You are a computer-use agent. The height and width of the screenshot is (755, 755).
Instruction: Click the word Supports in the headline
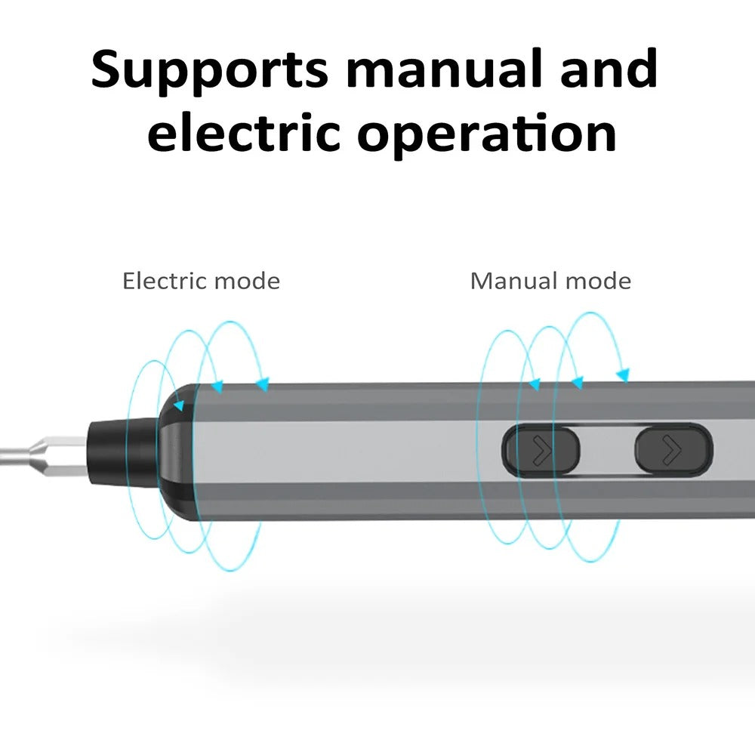coord(209,70)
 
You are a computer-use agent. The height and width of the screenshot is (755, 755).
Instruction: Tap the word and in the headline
coord(599,69)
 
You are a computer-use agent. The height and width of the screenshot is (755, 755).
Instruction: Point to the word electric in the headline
coord(244,134)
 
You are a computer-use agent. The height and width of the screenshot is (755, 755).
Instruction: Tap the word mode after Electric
coord(246,282)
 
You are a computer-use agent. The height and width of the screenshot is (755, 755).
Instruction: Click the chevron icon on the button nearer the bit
coord(541,451)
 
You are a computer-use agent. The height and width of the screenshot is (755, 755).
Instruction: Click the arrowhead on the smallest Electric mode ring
coord(178,406)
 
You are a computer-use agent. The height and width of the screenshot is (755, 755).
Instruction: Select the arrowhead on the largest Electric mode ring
coord(262,386)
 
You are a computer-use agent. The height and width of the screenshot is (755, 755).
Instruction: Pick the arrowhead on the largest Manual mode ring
coord(623,374)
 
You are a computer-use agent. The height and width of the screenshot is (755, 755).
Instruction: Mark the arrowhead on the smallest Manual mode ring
coord(535,385)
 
